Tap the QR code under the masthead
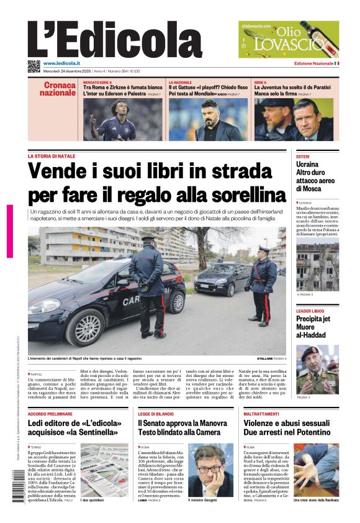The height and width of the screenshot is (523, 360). coord(34,66)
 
